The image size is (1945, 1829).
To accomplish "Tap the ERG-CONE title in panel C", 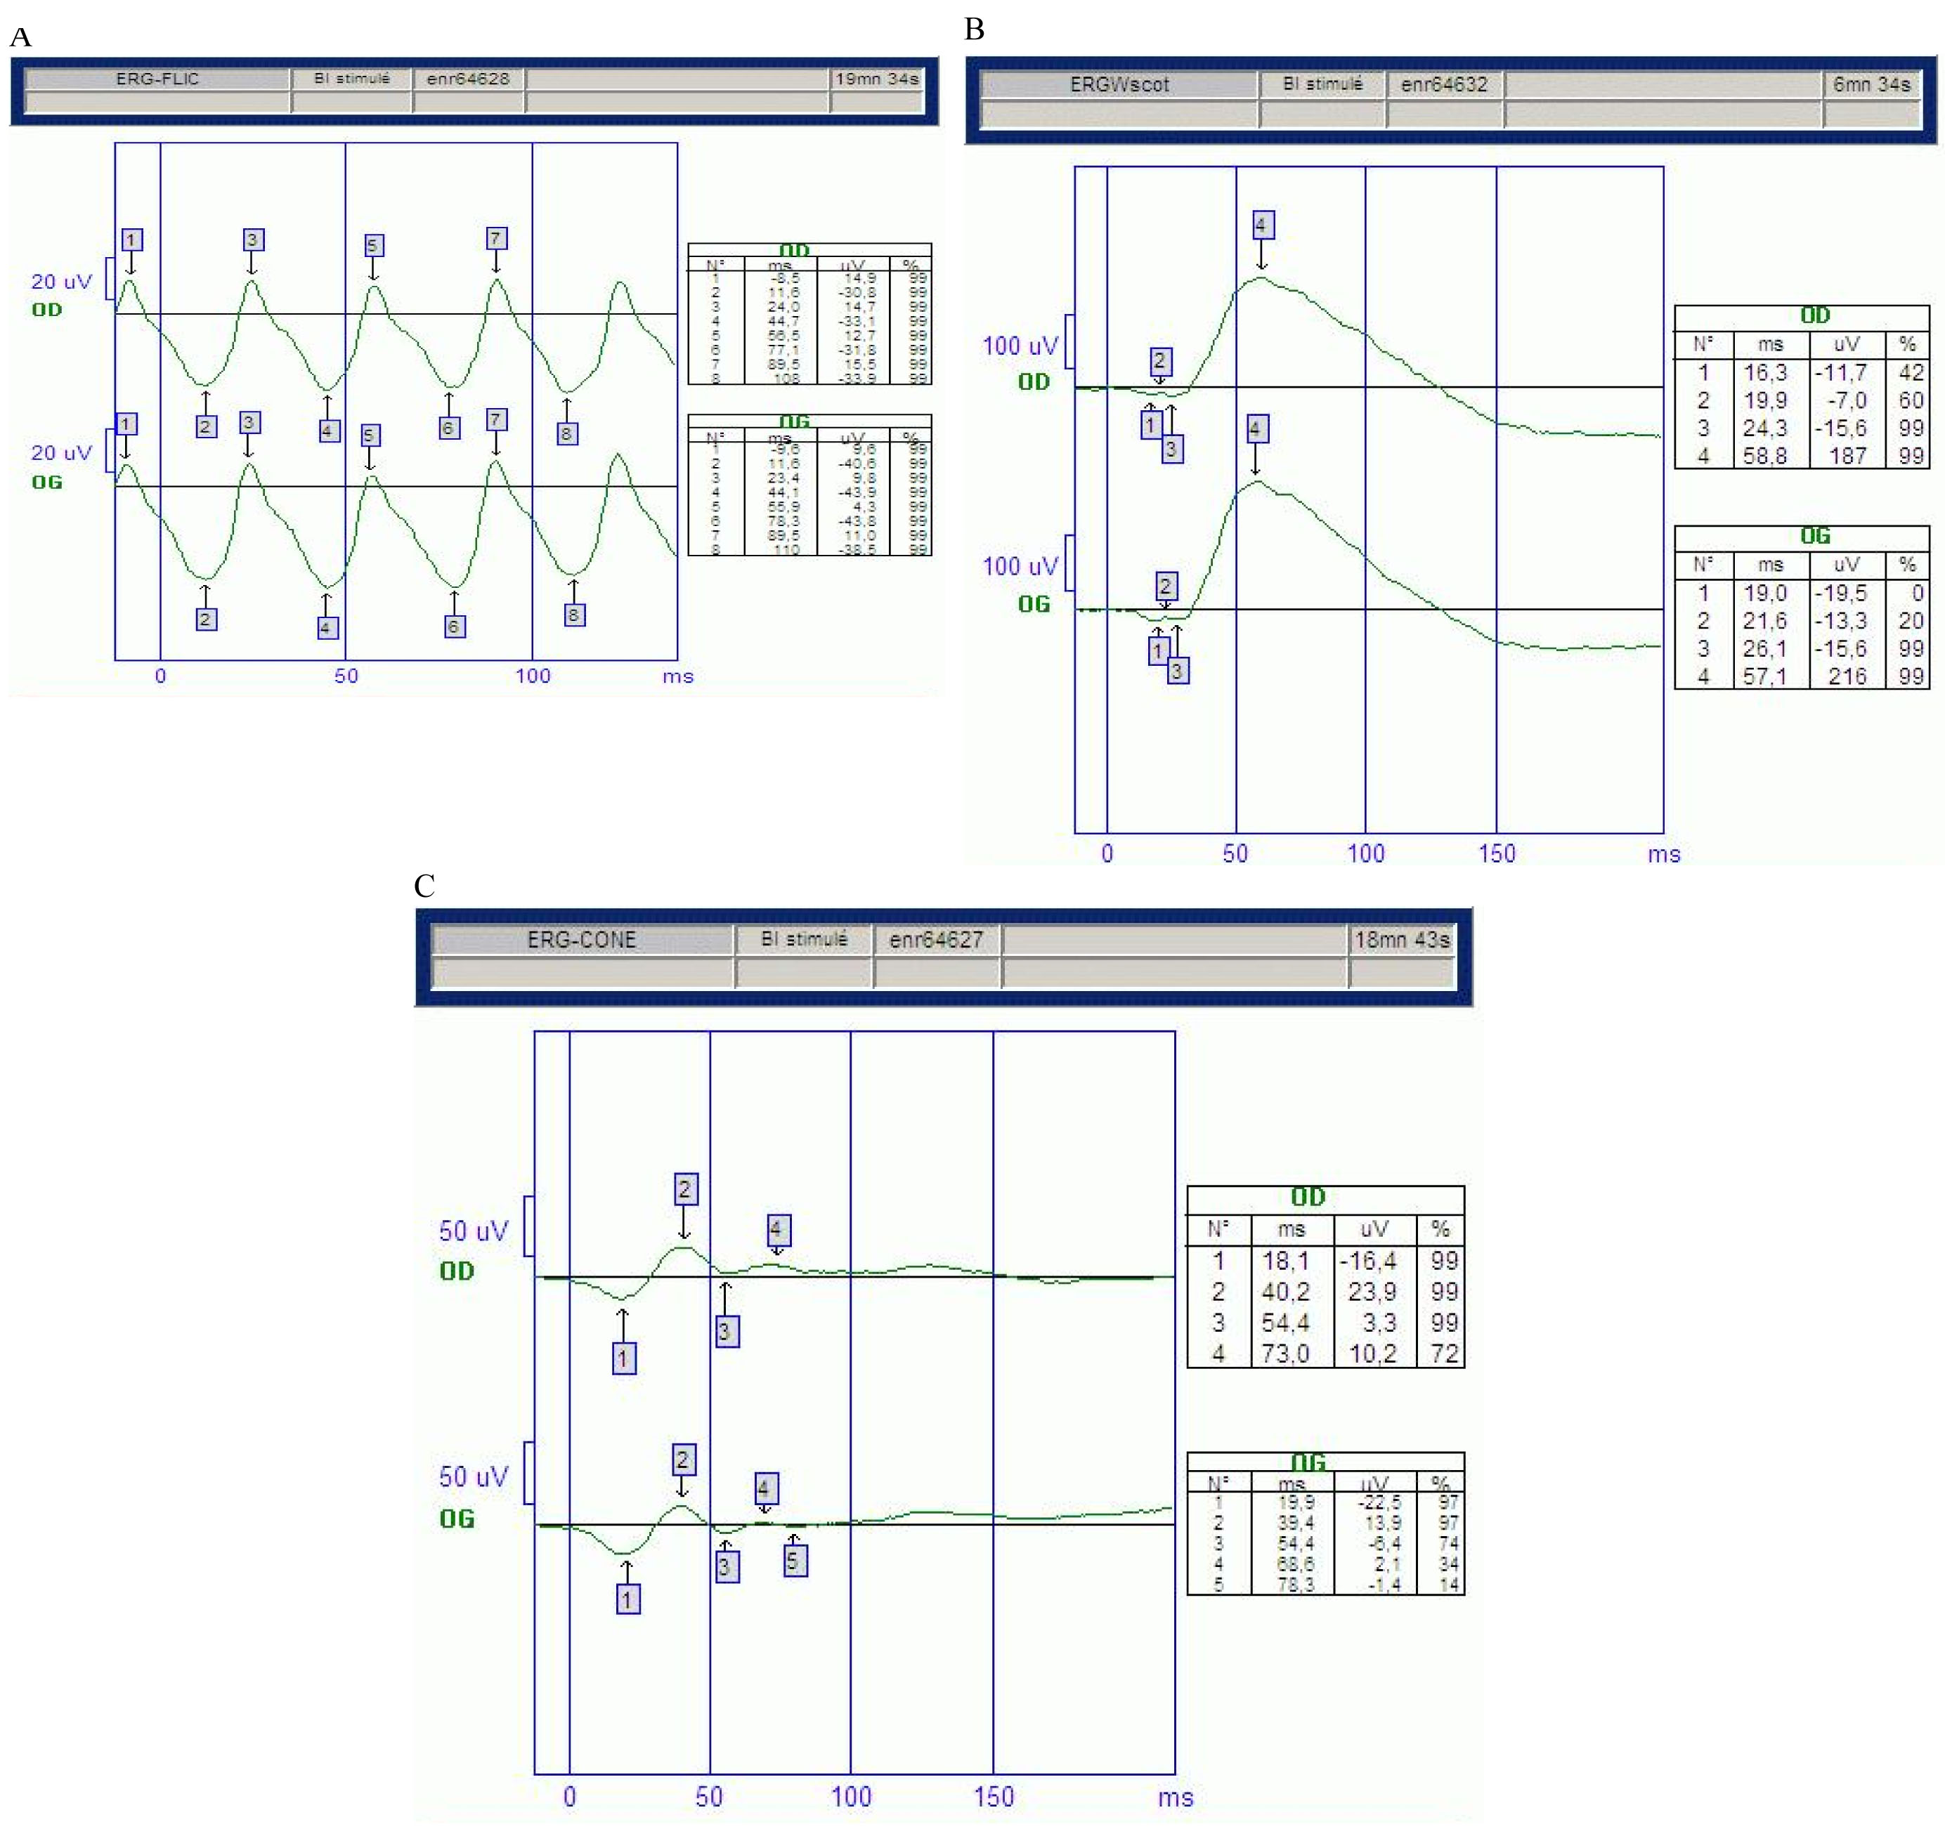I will pos(581,940).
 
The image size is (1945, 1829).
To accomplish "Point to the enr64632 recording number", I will pos(1443,85).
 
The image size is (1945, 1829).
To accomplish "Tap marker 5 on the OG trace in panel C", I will pos(795,1560).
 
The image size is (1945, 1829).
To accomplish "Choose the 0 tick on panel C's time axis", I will pos(569,1797).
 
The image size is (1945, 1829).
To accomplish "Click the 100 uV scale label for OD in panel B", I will pos(1020,346).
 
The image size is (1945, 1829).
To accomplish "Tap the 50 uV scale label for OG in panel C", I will pos(474,1477).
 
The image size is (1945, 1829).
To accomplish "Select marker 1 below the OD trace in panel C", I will pos(623,1358).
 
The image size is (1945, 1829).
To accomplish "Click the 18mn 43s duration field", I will pos(1401,940).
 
